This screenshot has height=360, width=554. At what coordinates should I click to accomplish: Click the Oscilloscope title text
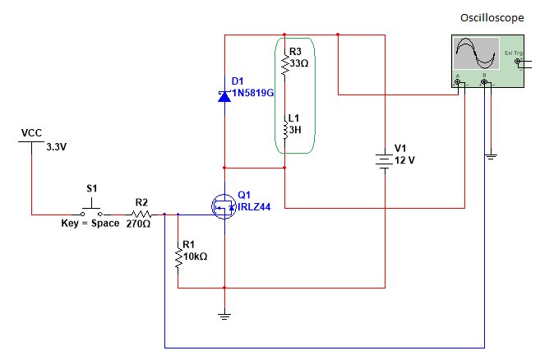492,18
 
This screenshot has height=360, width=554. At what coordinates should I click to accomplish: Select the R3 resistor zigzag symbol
284,66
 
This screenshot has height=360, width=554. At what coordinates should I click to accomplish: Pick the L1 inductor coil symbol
284,131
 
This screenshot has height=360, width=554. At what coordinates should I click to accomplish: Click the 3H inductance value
295,130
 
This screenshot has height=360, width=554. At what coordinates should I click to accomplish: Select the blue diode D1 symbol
224,96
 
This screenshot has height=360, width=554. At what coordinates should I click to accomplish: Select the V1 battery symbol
384,161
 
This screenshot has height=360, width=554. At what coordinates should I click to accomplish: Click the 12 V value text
405,160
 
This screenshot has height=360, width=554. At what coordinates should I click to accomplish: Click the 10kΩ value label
196,256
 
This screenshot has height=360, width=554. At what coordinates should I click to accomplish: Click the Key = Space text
90,224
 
